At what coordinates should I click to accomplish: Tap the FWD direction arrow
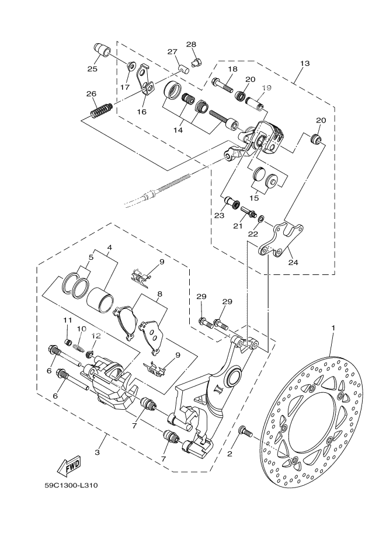click(x=69, y=466)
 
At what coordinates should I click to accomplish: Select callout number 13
click(x=304, y=62)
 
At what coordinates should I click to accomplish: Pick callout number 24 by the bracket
click(x=293, y=262)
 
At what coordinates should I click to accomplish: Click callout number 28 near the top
click(x=191, y=45)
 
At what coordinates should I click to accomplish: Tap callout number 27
click(x=172, y=52)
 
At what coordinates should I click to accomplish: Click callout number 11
click(x=68, y=320)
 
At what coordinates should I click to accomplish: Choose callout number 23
click(x=219, y=215)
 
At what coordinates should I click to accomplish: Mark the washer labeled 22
click(x=261, y=219)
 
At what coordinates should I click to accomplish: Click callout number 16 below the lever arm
click(x=142, y=112)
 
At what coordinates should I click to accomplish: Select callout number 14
click(x=178, y=130)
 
